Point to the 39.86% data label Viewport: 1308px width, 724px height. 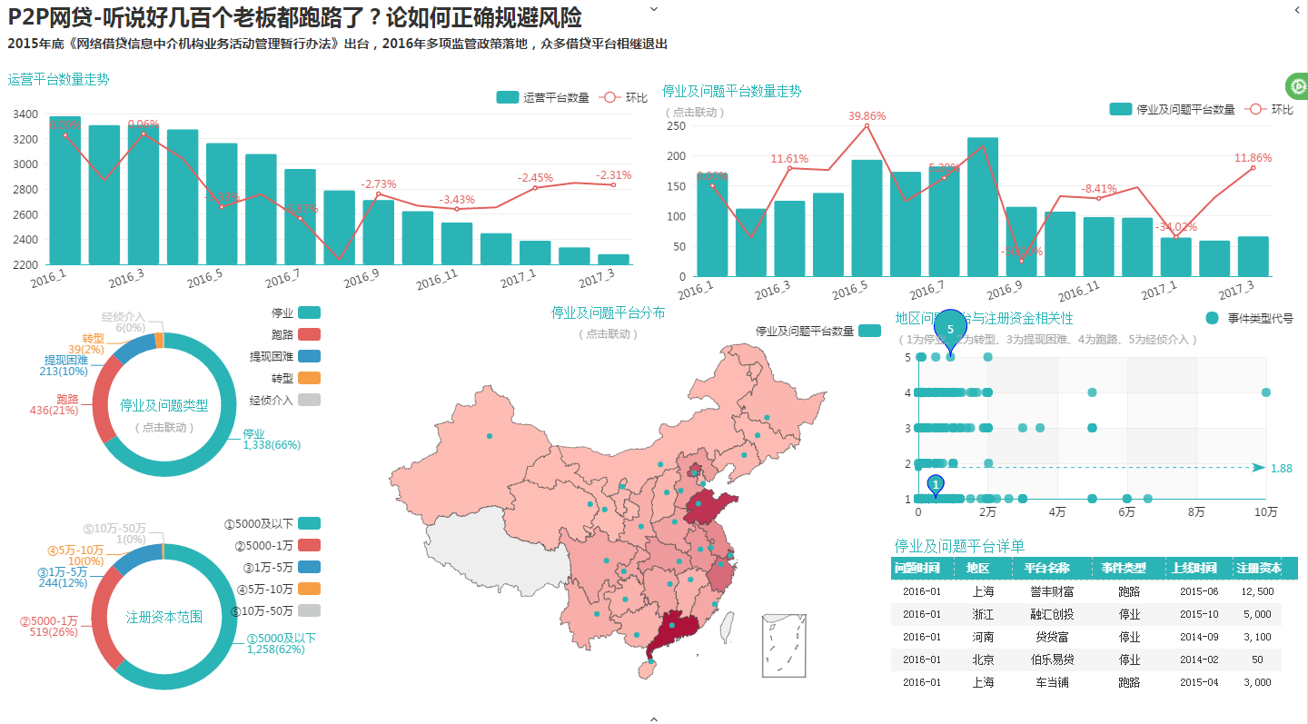pyautogui.click(x=867, y=116)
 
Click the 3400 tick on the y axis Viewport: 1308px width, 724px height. pyautogui.click(x=26, y=114)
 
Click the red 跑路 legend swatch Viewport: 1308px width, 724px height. pyautogui.click(x=309, y=334)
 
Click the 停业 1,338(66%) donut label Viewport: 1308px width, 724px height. pyautogui.click(x=271, y=440)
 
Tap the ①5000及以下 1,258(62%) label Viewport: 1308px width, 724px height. pyautogui.click(x=281, y=644)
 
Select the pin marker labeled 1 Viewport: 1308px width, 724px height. pyautogui.click(x=936, y=484)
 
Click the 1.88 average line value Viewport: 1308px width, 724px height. pyautogui.click(x=1281, y=468)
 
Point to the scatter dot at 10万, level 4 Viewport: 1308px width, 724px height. pyautogui.click(x=1266, y=392)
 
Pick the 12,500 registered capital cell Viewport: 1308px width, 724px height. pyautogui.click(x=1257, y=591)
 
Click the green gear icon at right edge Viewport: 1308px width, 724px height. pyautogui.click(x=1298, y=86)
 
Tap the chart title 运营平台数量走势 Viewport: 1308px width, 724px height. pyautogui.click(x=58, y=79)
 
